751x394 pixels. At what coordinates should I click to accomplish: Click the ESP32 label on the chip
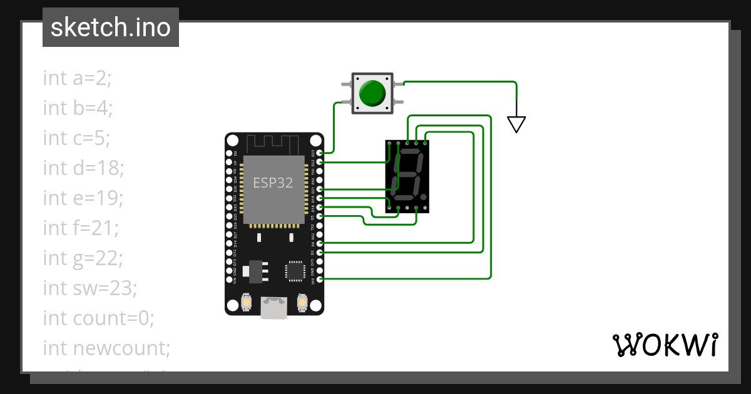click(x=273, y=183)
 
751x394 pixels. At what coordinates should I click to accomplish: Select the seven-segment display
click(x=407, y=176)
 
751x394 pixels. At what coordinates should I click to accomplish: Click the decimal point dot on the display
click(x=424, y=197)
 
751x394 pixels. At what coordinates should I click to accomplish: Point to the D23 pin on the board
click(x=320, y=152)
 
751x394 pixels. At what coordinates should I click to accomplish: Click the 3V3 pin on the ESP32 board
click(x=320, y=279)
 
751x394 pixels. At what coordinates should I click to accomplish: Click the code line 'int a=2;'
click(x=77, y=78)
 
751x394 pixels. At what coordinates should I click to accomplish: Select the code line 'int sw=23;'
click(x=89, y=288)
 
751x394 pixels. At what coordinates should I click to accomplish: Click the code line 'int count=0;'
click(x=98, y=318)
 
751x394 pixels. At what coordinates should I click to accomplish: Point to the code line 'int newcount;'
click(x=106, y=348)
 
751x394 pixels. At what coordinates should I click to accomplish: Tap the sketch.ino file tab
click(x=111, y=28)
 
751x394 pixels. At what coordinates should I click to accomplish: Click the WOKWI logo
click(x=665, y=345)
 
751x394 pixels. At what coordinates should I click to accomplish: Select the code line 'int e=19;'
click(x=83, y=198)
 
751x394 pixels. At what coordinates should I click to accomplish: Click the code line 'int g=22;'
click(x=83, y=258)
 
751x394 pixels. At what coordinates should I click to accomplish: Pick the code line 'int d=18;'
click(x=84, y=168)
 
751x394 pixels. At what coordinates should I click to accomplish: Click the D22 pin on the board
click(x=320, y=161)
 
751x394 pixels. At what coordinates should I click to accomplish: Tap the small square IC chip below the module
click(x=294, y=270)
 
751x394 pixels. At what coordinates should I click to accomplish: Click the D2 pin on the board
click(x=320, y=252)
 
